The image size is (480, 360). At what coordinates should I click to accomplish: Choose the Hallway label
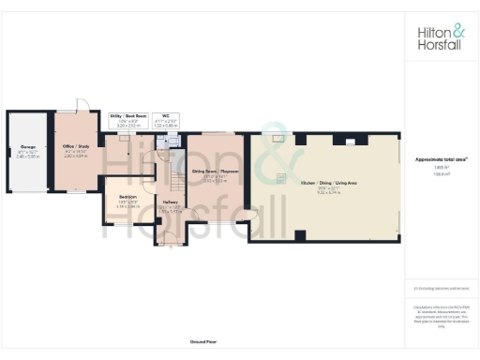pyautogui.click(x=170, y=202)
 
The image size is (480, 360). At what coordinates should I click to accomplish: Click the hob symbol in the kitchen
pyautogui.click(x=280, y=178)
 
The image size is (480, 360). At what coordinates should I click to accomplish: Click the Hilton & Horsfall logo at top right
pyautogui.click(x=440, y=37)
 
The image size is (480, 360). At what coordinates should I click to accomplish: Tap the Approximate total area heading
pyautogui.click(x=440, y=159)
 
